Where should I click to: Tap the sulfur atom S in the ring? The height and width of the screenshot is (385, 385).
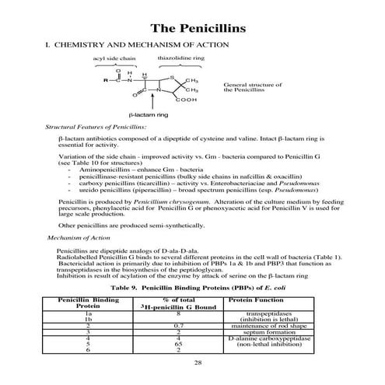click(171, 76)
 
